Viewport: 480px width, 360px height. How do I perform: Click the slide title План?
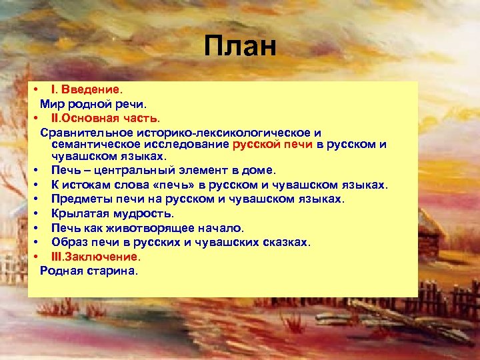(x=239, y=47)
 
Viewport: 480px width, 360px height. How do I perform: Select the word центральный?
(x=141, y=170)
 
